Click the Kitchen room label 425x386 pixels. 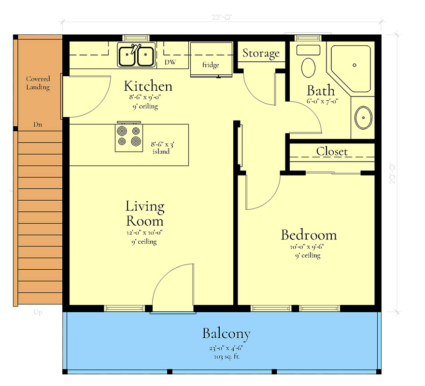tap(148, 86)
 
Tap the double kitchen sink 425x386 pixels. tap(137, 55)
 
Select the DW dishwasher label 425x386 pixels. tap(170, 62)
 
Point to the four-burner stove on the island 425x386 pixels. tap(129, 137)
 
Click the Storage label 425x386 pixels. tap(261, 53)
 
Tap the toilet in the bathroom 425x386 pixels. tap(308, 63)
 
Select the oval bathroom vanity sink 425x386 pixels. tap(363, 117)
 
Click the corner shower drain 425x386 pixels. tap(354, 65)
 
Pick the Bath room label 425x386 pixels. tap(321, 90)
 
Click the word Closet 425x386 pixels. tap(332, 151)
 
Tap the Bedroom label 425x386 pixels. tap(309, 235)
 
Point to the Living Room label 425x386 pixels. tap(145, 214)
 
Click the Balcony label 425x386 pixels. tap(226, 333)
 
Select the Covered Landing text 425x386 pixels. tap(38, 83)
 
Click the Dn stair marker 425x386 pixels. tap(37, 124)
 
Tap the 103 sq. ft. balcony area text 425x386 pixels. tap(226, 357)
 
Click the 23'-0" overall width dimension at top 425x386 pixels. tap(222, 16)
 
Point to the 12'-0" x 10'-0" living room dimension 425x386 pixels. tap(145, 232)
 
